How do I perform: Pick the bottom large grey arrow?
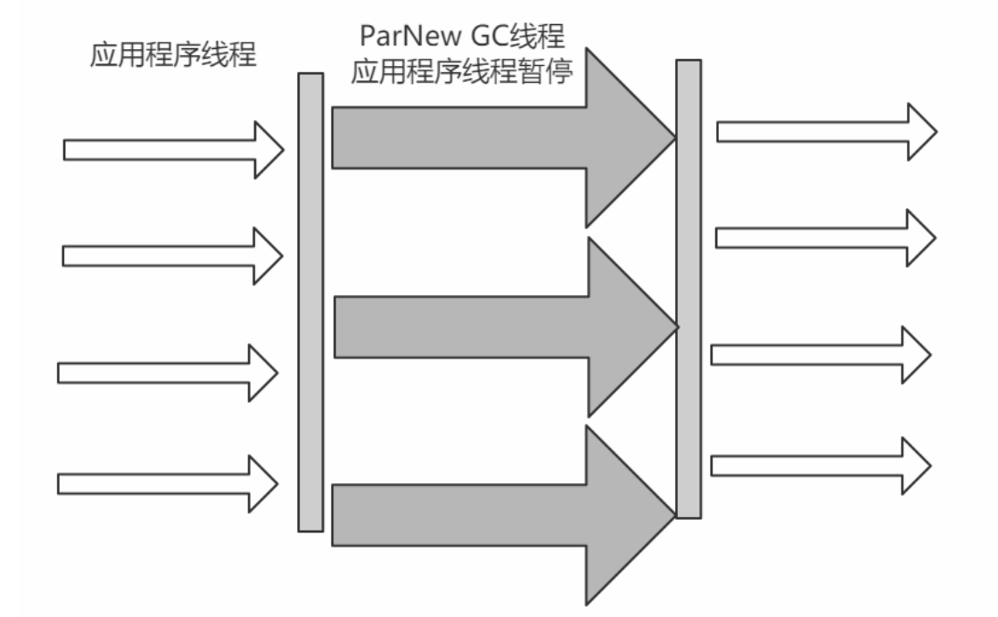point(482,515)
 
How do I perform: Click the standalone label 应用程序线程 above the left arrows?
point(173,56)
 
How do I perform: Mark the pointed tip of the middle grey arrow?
point(673,327)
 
